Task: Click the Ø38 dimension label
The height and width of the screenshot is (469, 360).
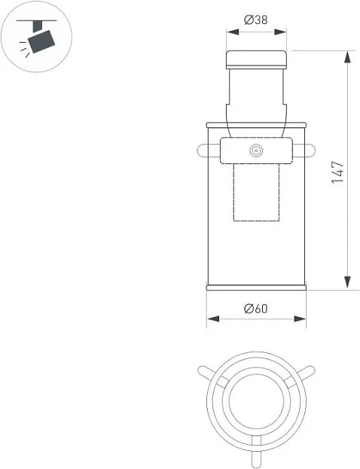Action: (256, 20)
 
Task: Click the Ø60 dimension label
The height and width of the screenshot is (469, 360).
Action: (256, 309)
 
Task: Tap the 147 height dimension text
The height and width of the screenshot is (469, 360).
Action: (338, 172)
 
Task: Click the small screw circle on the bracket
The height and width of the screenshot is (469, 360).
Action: (256, 151)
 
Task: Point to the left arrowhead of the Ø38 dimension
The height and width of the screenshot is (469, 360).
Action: (233, 32)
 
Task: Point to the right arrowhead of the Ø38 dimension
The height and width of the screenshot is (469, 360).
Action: (280, 32)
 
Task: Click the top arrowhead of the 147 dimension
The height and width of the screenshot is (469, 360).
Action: (347, 57)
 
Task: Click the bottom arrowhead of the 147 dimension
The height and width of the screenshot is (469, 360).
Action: (347, 282)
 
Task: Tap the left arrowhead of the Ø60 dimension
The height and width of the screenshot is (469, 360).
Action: (213, 319)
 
